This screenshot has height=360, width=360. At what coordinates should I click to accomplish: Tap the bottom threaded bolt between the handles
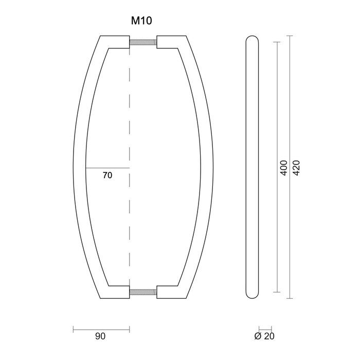tap(143, 292)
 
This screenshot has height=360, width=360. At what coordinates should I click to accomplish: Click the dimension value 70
tap(107, 175)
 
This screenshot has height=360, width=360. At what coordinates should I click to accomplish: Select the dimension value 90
tap(100, 336)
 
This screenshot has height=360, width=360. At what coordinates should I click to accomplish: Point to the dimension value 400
tap(283, 168)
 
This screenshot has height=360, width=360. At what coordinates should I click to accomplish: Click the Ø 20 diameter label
tap(264, 336)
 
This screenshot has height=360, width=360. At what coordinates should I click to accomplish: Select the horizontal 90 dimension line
tap(101, 329)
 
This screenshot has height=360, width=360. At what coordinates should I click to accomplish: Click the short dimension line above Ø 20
tap(264, 329)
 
